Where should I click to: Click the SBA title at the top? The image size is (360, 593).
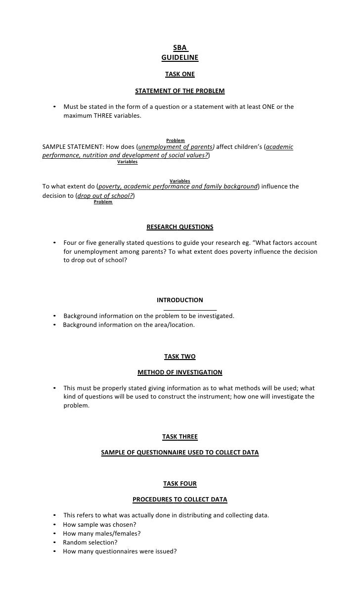tap(180, 48)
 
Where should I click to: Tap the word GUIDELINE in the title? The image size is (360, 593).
tap(180, 57)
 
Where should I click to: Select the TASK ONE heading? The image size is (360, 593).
tap(180, 74)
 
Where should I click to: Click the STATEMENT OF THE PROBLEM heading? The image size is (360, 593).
tap(180, 91)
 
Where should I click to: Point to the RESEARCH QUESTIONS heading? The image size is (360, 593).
tap(180, 227)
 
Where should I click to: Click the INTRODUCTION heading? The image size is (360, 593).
tap(180, 300)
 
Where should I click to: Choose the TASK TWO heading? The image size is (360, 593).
tap(180, 356)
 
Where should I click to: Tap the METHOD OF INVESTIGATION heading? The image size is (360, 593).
tap(180, 372)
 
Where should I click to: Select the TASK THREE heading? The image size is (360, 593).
tap(180, 437)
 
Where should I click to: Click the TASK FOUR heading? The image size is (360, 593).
tap(180, 483)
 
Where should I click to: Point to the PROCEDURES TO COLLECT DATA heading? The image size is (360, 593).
tap(180, 500)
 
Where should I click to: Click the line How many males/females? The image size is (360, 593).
tap(102, 534)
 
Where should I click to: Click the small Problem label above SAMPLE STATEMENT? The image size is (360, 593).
tap(176, 141)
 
